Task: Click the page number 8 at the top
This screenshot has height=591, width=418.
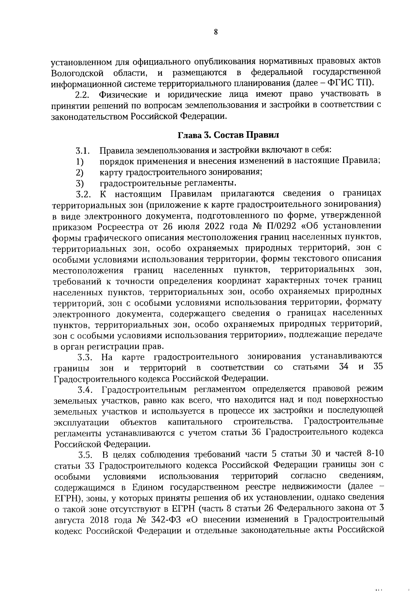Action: [216, 32]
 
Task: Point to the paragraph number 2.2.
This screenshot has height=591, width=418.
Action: [83, 95]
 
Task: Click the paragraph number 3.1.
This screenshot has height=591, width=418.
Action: [83, 151]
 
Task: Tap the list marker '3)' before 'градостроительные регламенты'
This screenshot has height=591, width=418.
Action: [80, 183]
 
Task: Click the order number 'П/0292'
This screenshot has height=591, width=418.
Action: [280, 227]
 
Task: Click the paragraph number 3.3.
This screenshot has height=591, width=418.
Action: [85, 357]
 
